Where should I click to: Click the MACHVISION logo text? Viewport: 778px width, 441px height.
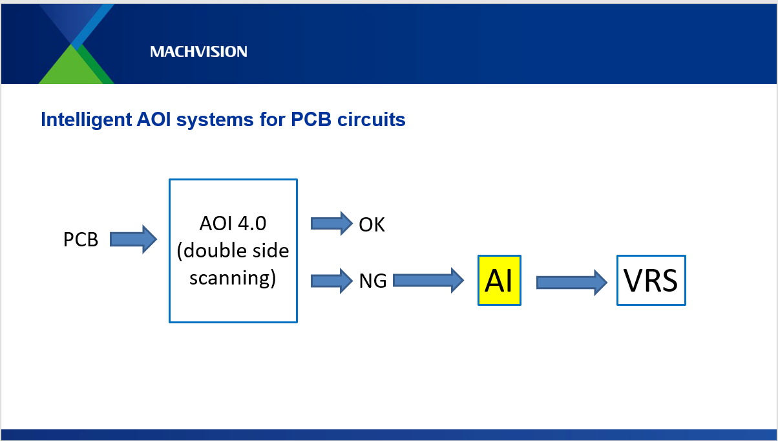(198, 52)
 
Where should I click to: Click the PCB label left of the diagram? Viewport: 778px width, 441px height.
(81, 240)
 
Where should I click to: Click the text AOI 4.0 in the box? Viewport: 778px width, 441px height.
(233, 224)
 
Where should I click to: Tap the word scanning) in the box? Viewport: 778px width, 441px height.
(233, 279)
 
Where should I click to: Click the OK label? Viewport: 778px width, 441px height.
(372, 225)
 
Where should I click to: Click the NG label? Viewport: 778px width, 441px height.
(373, 281)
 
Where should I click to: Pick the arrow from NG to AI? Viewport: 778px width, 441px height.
(428, 280)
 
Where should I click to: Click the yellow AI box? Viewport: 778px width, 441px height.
(499, 281)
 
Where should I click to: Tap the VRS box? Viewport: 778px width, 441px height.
(651, 281)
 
